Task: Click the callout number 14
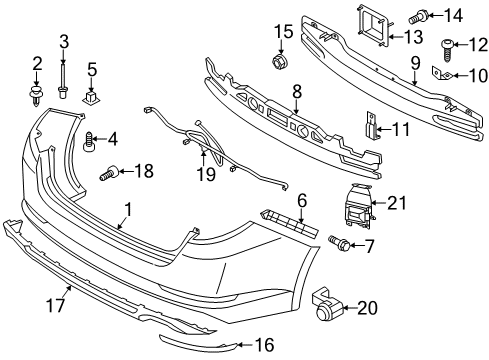coord(453,15)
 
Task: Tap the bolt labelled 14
coord(416,17)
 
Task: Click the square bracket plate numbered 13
coord(373,26)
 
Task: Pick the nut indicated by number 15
coord(281,61)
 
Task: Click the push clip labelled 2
coord(34,96)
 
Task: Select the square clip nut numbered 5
coord(91,98)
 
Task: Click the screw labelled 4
coord(88,142)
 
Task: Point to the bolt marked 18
coord(110,173)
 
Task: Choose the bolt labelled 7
coord(339,243)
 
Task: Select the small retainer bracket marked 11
coord(372,125)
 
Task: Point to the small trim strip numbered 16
coord(199,343)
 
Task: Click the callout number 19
coord(206,175)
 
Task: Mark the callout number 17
coord(55,305)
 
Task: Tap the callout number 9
coord(415,63)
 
